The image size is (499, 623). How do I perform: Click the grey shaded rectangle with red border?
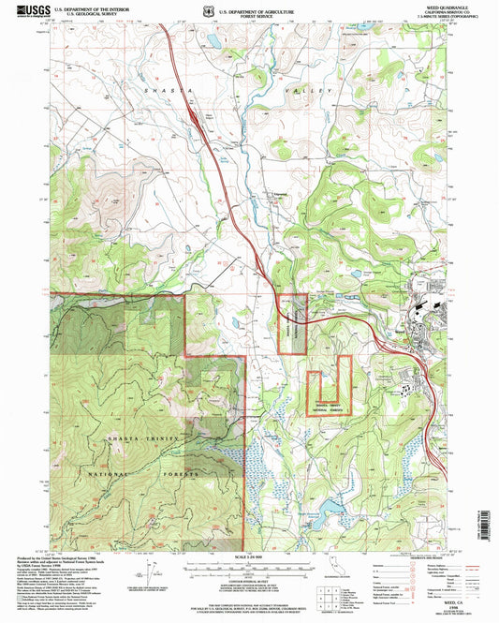294,324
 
